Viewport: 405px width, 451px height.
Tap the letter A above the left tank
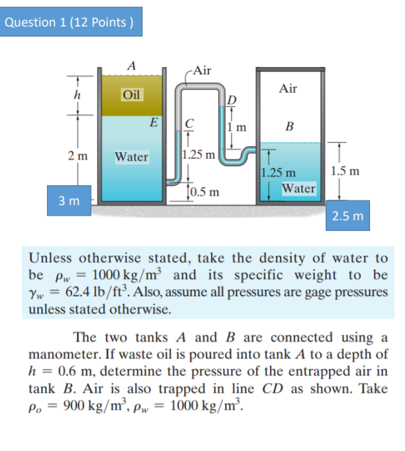point(132,65)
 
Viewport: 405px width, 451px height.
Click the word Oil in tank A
point(132,95)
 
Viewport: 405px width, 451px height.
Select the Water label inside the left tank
point(131,157)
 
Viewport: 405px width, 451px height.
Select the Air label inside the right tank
point(289,88)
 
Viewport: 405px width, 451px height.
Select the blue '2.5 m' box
point(347,216)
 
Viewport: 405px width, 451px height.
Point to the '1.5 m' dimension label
point(345,171)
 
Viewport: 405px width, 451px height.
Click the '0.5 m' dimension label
point(204,192)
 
